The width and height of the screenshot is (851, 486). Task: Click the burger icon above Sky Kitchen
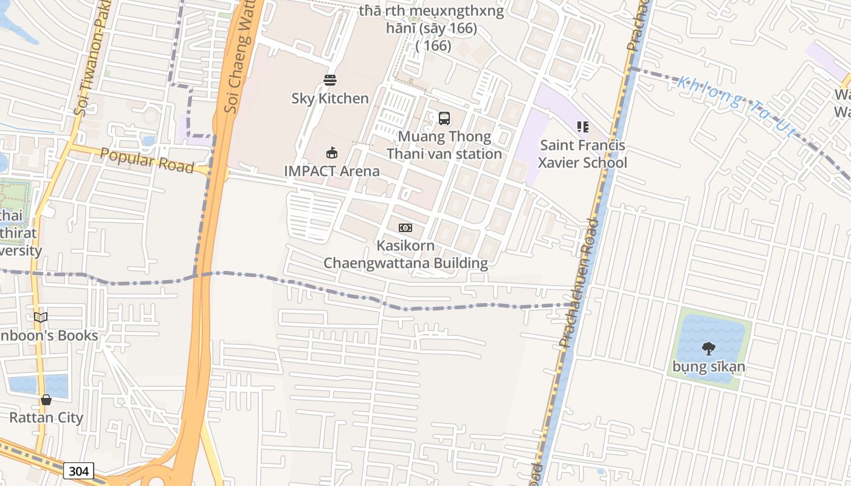tap(330, 80)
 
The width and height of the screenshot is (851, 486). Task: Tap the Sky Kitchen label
tap(330, 98)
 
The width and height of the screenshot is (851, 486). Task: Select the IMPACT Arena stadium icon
tap(332, 152)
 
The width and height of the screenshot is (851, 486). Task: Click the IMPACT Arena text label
tap(332, 171)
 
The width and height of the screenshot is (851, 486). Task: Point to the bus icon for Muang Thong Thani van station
tap(444, 118)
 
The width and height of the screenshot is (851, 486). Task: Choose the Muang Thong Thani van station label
tap(444, 145)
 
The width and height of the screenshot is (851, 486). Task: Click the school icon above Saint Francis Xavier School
tap(582, 127)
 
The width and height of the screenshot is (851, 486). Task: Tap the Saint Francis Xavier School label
tap(582, 154)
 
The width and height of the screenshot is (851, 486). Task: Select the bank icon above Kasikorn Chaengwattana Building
tap(405, 228)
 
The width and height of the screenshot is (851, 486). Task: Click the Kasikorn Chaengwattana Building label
tap(405, 255)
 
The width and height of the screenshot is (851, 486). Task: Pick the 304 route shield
tap(78, 471)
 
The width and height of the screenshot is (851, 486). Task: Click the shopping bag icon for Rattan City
tap(46, 400)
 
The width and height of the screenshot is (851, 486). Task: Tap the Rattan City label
tap(46, 418)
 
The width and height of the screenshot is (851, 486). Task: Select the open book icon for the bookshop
tap(41, 317)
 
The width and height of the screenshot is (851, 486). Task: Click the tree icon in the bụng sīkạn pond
tap(708, 348)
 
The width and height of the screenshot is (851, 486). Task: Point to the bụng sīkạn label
tap(708, 367)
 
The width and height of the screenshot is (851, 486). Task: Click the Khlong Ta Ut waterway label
tap(736, 106)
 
